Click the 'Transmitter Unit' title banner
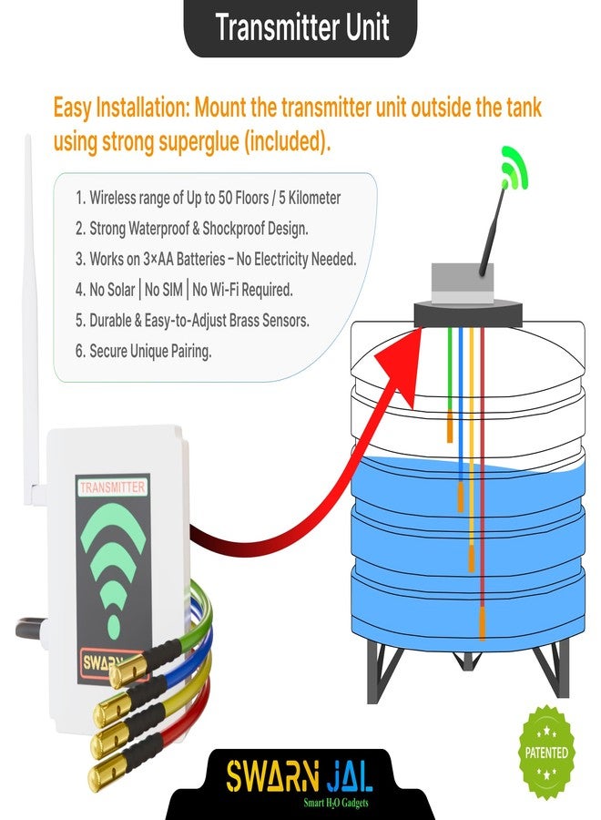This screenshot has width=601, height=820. point(301,27)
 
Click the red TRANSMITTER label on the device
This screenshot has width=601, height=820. point(112,487)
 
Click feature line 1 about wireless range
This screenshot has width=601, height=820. point(209,198)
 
